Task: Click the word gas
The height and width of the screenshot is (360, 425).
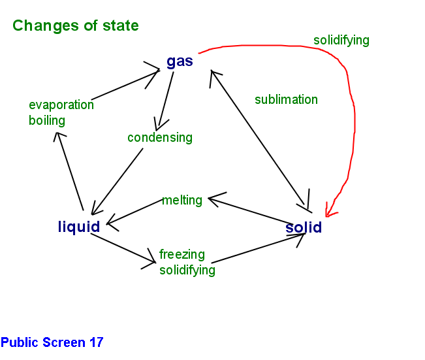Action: click(180, 61)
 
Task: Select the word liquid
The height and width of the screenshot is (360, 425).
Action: click(79, 227)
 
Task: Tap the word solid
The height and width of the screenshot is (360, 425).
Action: click(304, 227)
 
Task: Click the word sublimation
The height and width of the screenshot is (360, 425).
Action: click(286, 99)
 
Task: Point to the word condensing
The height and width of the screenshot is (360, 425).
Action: click(160, 137)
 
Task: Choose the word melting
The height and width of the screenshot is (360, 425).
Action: click(182, 200)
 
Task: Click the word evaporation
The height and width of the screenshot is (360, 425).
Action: click(61, 105)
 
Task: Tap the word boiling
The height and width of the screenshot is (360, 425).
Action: click(47, 120)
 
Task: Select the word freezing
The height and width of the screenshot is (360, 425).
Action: click(182, 254)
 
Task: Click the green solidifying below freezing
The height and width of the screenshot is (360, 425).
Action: click(187, 270)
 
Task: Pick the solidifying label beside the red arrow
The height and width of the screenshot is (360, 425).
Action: click(341, 40)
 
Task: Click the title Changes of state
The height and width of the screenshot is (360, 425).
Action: click(76, 25)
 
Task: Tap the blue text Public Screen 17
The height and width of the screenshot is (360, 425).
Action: click(52, 342)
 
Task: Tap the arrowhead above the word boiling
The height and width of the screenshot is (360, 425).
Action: click(59, 136)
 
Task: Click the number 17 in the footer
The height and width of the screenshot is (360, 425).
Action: click(95, 342)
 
